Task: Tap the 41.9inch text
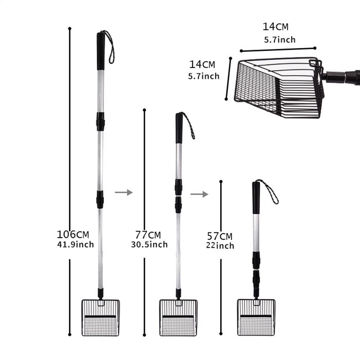click(x=75, y=245)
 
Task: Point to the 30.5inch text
click(x=149, y=245)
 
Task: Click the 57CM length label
click(x=220, y=237)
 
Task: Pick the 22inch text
click(x=220, y=246)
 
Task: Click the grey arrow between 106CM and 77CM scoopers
click(x=123, y=193)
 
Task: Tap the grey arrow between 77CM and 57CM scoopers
click(x=199, y=194)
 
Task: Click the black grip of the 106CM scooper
click(x=101, y=51)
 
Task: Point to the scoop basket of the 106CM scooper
click(x=100, y=318)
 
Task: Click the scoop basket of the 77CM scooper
click(x=178, y=318)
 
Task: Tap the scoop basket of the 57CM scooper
click(x=256, y=318)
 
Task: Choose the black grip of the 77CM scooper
click(x=179, y=128)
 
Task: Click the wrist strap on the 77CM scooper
click(x=189, y=125)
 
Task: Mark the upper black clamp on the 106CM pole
click(x=100, y=121)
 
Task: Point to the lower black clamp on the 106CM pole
click(x=100, y=199)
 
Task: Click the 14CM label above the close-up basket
click(x=275, y=27)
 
